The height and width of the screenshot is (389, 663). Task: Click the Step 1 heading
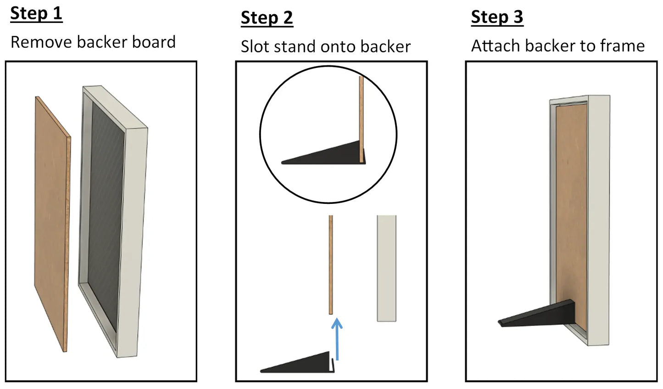[36, 14]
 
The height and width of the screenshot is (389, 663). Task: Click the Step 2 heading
[267, 18]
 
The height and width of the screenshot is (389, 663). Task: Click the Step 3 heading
[497, 17]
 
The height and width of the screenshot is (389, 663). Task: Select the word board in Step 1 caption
[154, 42]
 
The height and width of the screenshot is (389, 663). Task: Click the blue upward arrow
[337, 339]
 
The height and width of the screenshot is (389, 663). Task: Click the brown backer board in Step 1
[52, 224]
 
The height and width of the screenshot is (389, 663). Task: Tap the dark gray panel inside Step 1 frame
[106, 216]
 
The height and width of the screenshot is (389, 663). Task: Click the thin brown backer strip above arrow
[331, 265]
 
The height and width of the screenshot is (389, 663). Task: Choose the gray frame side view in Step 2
[386, 268]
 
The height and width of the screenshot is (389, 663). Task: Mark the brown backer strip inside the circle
[361, 119]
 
